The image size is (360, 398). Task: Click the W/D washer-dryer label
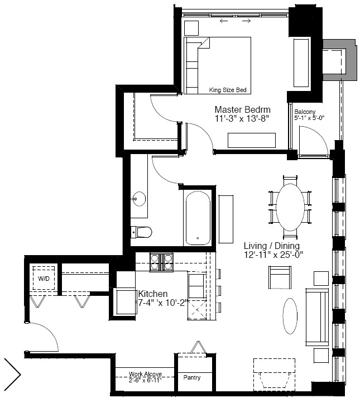click(x=44, y=279)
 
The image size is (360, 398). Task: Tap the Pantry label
click(x=192, y=378)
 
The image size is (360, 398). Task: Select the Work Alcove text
click(x=145, y=374)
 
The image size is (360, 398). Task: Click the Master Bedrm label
click(x=242, y=109)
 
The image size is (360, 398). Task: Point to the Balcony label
click(x=305, y=112)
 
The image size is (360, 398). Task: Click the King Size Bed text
click(x=228, y=90)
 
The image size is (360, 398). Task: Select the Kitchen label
click(x=153, y=294)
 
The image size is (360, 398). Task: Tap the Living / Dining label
click(x=272, y=246)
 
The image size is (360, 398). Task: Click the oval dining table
click(x=290, y=207)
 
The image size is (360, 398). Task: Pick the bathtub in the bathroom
click(x=198, y=218)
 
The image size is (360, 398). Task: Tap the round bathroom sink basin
click(x=139, y=198)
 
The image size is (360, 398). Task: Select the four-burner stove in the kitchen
click(x=161, y=262)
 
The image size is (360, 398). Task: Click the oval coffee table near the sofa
click(x=290, y=316)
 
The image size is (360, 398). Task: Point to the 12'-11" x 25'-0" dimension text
click(x=273, y=255)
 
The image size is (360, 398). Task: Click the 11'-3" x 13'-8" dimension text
click(x=242, y=118)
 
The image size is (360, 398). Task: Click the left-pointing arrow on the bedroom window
click(x=224, y=21)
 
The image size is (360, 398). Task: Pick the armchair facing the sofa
click(x=280, y=277)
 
